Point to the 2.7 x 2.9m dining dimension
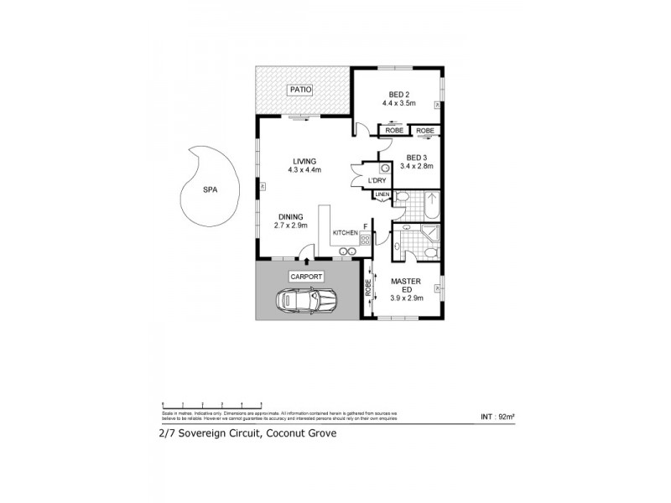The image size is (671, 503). [292, 226]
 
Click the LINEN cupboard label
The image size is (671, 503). [382, 195]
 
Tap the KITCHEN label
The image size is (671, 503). [345, 232]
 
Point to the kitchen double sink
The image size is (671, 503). [345, 250]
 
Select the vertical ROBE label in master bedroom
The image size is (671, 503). [368, 288]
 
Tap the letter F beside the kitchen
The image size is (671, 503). [365, 224]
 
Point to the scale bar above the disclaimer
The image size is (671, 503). [201, 404]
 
